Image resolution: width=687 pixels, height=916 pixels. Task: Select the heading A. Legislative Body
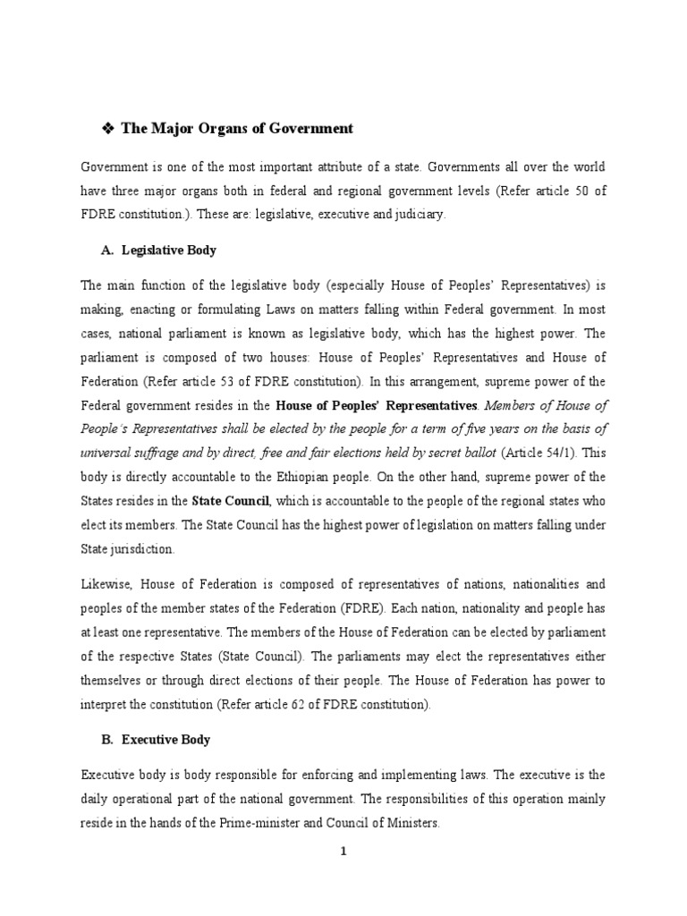(x=158, y=250)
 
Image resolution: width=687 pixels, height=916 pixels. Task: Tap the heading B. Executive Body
(x=155, y=741)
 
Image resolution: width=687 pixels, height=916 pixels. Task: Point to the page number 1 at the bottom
(x=343, y=852)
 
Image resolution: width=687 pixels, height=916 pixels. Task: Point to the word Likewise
(x=106, y=584)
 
